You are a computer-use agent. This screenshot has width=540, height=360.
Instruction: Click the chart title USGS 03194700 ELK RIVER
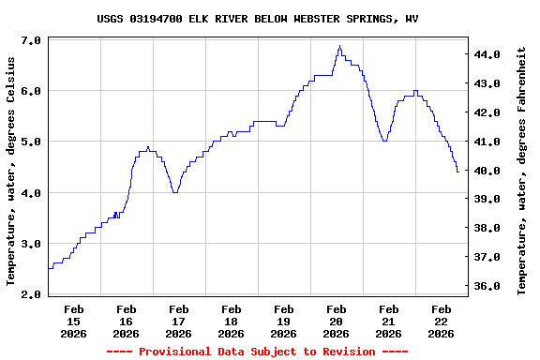258,19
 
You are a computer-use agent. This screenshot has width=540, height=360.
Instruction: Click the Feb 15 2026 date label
73,321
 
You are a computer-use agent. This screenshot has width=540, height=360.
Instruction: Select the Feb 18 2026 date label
231,321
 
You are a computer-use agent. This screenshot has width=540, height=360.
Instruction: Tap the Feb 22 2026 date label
441,321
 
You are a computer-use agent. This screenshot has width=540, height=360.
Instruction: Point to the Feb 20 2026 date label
336,321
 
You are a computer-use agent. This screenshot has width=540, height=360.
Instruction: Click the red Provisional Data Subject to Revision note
258,352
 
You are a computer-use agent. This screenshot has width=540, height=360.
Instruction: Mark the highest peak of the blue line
339,46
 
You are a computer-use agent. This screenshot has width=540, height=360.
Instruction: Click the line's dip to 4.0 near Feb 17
174,192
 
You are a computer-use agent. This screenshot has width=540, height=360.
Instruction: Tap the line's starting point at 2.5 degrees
49,268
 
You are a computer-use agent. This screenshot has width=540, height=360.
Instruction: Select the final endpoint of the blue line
457,172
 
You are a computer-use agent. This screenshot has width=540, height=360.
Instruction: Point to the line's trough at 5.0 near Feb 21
384,141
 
